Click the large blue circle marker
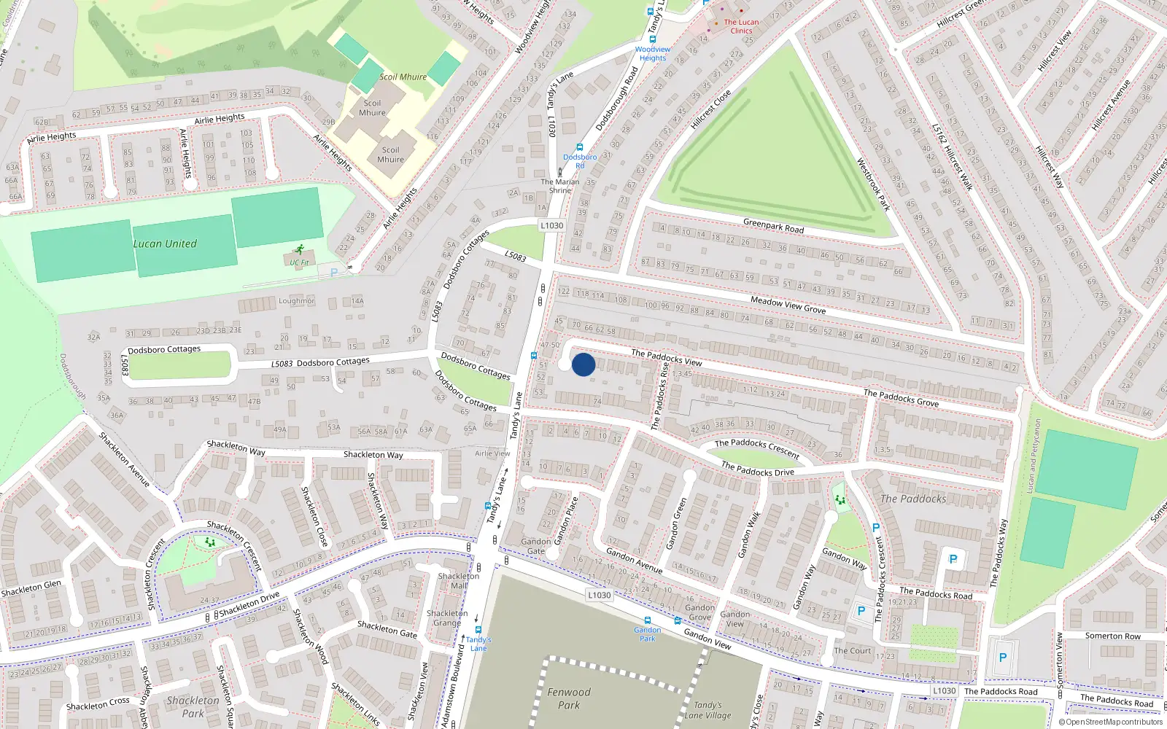(x=583, y=364)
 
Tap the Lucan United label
(x=165, y=243)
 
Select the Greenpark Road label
(x=773, y=227)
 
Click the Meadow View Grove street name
(x=788, y=305)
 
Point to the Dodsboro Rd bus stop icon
(x=580, y=147)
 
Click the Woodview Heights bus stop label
(x=653, y=54)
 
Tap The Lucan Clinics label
(x=741, y=26)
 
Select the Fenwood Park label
(x=569, y=698)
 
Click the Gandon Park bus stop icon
(x=647, y=621)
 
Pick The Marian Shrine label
(x=560, y=186)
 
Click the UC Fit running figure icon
(x=299, y=250)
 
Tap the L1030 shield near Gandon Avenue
(x=599, y=595)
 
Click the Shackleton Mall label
(x=459, y=580)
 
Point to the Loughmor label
(x=296, y=300)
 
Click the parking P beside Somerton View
(x=1003, y=657)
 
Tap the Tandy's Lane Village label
(x=707, y=710)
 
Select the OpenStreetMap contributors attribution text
(x=1110, y=722)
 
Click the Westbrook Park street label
(x=873, y=185)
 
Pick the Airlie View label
(x=492, y=453)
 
